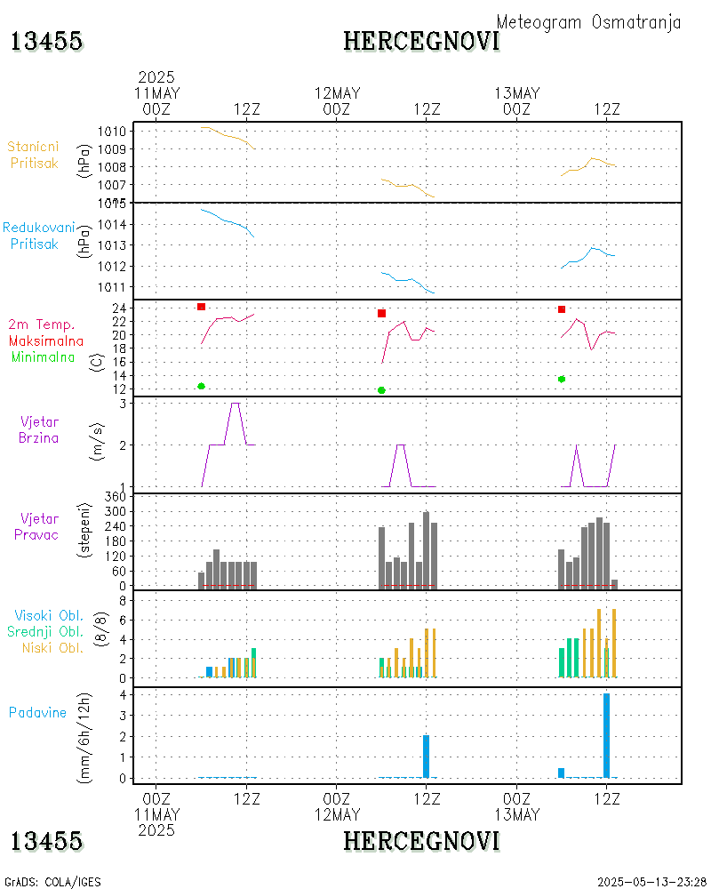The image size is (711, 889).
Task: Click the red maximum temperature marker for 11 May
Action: (202, 307)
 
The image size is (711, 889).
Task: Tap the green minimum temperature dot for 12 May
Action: (381, 390)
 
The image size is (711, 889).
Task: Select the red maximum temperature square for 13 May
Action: (562, 309)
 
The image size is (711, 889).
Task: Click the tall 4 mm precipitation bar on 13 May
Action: (606, 735)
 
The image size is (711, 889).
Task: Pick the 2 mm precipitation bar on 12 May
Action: (426, 757)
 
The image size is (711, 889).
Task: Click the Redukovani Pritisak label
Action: (38, 236)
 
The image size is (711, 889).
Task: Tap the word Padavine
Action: (38, 712)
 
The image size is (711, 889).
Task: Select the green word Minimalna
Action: (43, 356)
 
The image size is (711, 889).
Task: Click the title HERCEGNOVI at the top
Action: (421, 41)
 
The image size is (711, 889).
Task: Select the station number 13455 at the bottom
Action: (46, 841)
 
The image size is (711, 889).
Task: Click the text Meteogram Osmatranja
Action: (588, 22)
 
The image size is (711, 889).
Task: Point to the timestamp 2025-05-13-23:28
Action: (651, 882)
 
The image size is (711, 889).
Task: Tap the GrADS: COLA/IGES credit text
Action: (53, 882)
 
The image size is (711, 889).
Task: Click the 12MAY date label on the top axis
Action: (337, 93)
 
